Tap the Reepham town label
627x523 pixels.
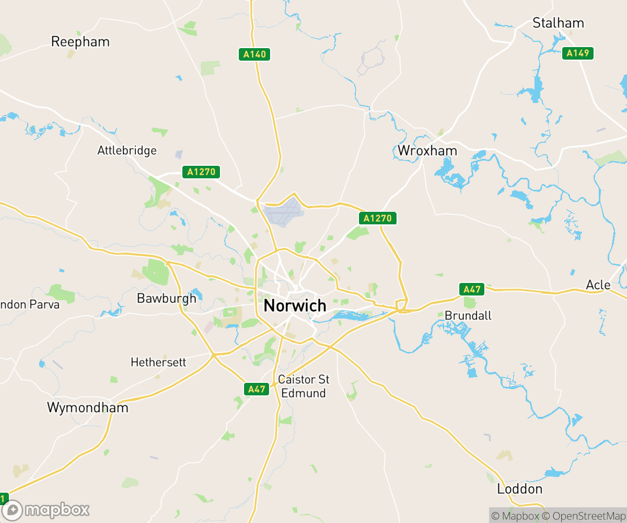[x=80, y=42]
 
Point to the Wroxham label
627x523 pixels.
[x=427, y=151]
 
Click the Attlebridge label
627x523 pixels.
[x=127, y=151]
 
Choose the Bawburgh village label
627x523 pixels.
[x=166, y=298]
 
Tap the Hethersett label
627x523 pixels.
[x=158, y=362]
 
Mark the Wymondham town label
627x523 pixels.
[x=87, y=407]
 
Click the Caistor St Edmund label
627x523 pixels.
[x=304, y=386]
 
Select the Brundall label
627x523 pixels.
[x=468, y=315]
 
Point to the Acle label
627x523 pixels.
[x=598, y=285]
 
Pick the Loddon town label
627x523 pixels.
[x=519, y=489]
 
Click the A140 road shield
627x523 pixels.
[x=254, y=54]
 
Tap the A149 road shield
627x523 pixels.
[x=578, y=53]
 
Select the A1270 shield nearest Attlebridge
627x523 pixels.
[x=201, y=172]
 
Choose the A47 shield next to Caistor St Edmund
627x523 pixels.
[x=257, y=389]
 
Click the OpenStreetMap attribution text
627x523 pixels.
[x=584, y=516]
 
